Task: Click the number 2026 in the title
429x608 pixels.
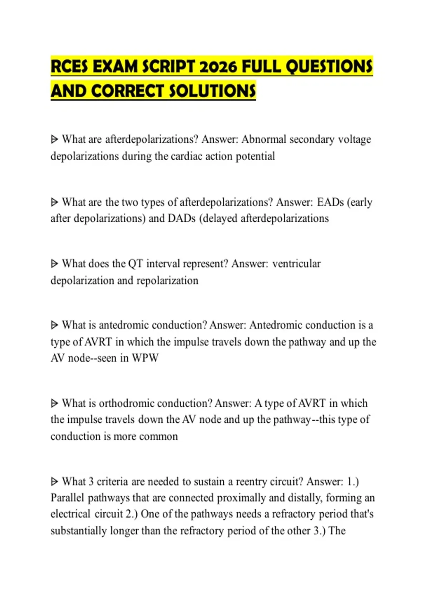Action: click(x=218, y=67)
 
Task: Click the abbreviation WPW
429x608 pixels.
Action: click(x=145, y=358)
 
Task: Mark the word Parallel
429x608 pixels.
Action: click(x=67, y=498)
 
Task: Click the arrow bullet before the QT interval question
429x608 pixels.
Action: click(x=54, y=264)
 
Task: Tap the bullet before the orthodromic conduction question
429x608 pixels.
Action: click(x=54, y=403)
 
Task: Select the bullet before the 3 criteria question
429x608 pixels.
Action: click(x=54, y=482)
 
